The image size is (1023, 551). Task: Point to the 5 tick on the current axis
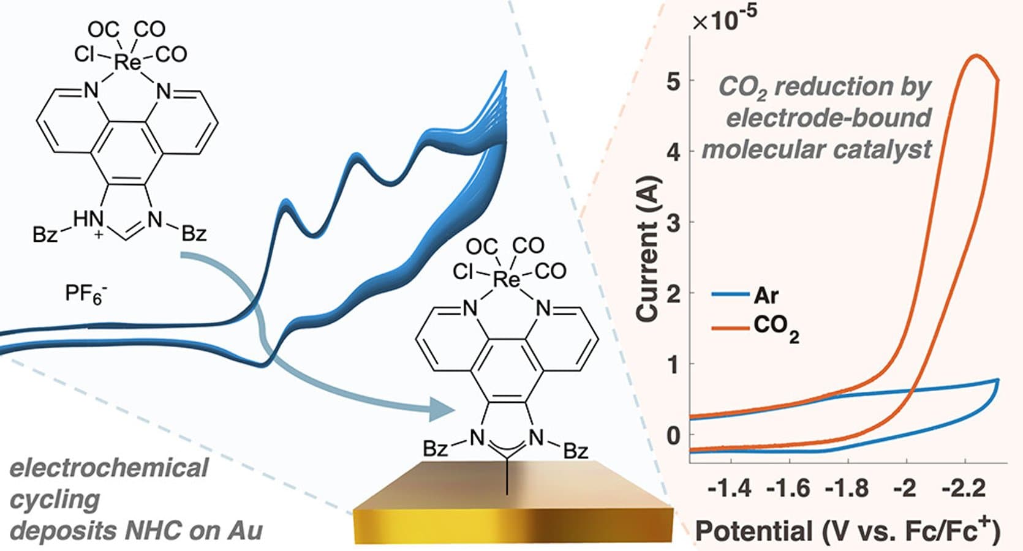pos(673,81)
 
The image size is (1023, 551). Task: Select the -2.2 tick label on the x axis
pos(964,489)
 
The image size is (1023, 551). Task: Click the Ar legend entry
pos(766,295)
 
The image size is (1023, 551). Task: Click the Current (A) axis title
pos(648,248)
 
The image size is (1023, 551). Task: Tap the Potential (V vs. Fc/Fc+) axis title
pos(848,530)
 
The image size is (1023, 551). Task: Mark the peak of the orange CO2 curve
pos(975,56)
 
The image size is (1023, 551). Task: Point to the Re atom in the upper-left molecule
pos(127,61)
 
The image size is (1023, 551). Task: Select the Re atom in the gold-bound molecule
pos(506,280)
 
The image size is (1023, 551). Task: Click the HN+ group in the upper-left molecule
pos(88,221)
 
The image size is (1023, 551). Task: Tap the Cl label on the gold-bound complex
pos(463,272)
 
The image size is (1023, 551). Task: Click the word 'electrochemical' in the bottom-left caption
pos(109,468)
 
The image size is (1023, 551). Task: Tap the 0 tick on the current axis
pos(673,435)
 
